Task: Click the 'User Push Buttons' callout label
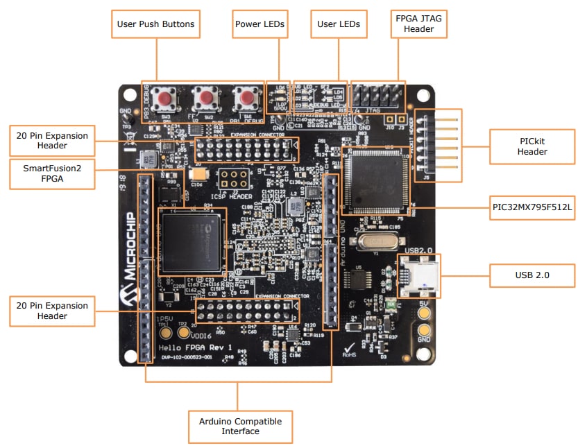pyautogui.click(x=155, y=24)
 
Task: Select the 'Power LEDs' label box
pyautogui.click(x=260, y=24)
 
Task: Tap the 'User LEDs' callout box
pyautogui.click(x=339, y=24)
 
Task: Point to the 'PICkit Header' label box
pyautogui.click(x=532, y=146)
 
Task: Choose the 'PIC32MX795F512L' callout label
pyautogui.click(x=532, y=206)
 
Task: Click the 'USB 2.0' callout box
pyautogui.click(x=532, y=275)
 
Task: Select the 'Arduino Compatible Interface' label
pyautogui.click(x=240, y=426)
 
